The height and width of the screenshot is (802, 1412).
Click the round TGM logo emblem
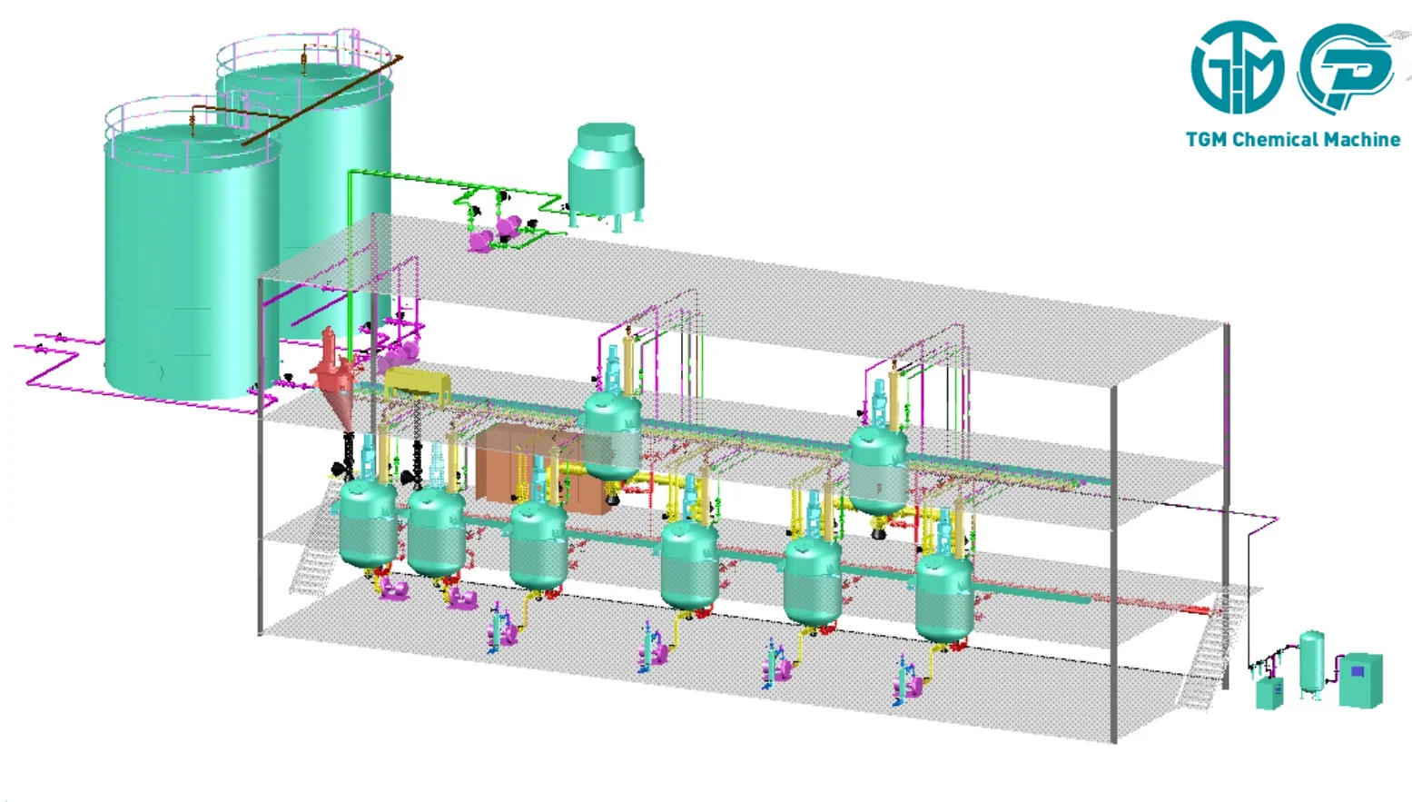click(1237, 67)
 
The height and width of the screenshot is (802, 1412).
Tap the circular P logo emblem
click(1346, 68)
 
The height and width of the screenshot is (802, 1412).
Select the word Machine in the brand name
click(1361, 139)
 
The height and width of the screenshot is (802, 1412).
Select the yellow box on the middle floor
click(418, 384)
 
